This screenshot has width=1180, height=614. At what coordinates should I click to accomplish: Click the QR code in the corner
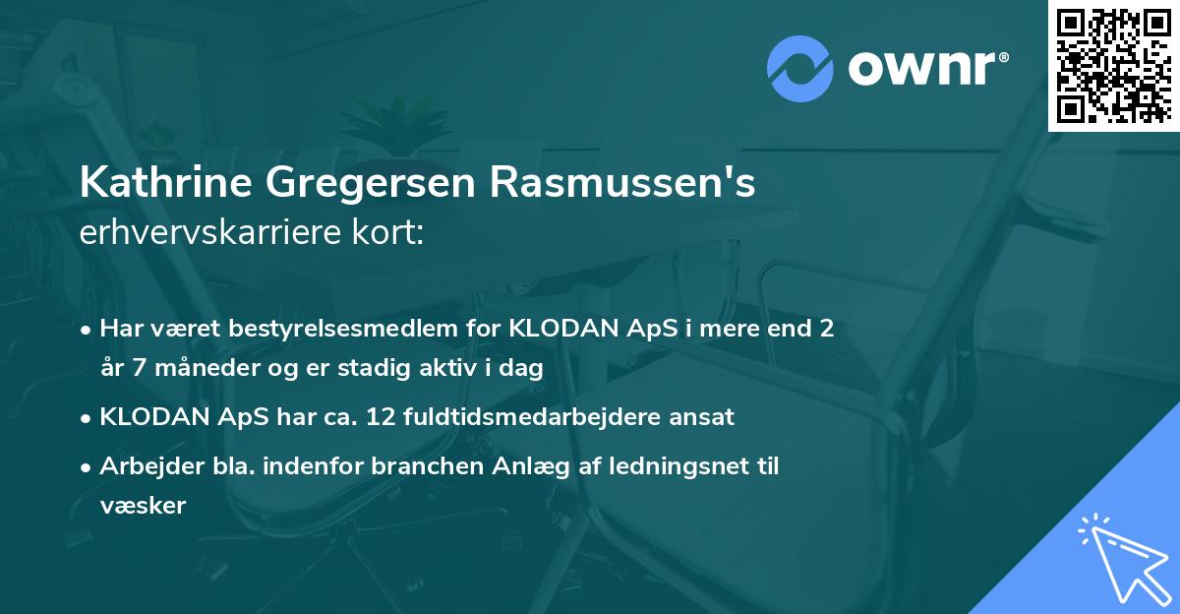pos(1114,65)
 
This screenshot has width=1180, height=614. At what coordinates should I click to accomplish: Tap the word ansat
pos(702,417)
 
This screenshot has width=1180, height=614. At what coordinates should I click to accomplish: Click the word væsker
pos(143,506)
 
